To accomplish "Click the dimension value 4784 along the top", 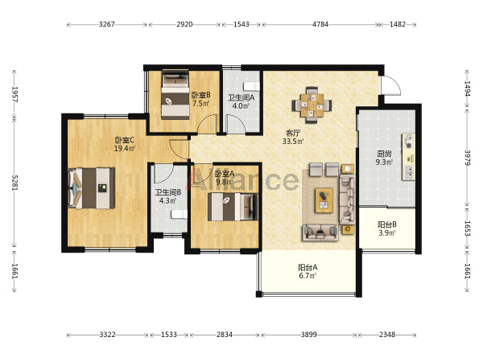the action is (320, 24).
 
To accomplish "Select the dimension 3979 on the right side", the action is (468, 158).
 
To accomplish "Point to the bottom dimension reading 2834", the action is (225, 335).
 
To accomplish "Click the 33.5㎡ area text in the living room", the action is (293, 142).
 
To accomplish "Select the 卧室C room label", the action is (125, 140).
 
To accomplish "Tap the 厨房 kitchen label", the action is (384, 154).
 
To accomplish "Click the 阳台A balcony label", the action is (308, 267).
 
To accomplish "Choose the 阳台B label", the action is (387, 224).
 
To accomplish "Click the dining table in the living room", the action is (312, 105).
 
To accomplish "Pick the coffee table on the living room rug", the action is (324, 200).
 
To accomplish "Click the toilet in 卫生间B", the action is (179, 214).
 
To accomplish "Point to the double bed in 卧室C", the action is (92, 188).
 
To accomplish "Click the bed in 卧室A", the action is (233, 207).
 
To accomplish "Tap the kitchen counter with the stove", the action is (408, 157).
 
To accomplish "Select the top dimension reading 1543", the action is (241, 24).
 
